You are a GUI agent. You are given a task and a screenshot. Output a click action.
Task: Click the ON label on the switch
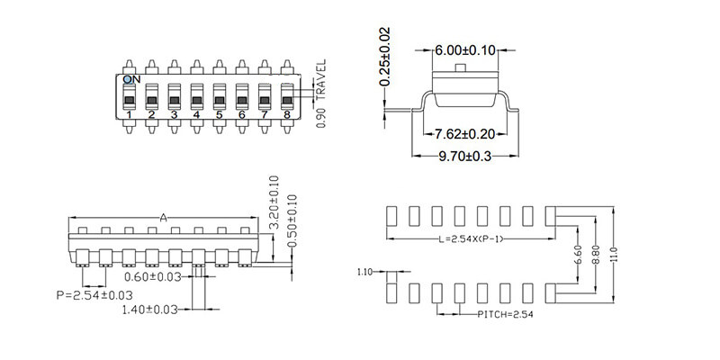(x=131, y=80)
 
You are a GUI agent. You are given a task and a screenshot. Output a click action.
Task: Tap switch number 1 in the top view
(x=130, y=98)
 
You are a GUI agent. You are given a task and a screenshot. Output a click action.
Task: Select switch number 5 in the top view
(x=219, y=98)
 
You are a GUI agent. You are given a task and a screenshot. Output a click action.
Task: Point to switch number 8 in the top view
(x=286, y=98)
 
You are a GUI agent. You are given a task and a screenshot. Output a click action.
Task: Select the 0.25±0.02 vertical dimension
(x=384, y=58)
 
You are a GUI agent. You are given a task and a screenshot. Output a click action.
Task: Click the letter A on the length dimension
(x=163, y=218)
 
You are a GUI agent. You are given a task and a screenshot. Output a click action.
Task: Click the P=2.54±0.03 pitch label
(x=94, y=294)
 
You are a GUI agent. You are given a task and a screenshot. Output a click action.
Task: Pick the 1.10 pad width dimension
(x=364, y=271)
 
